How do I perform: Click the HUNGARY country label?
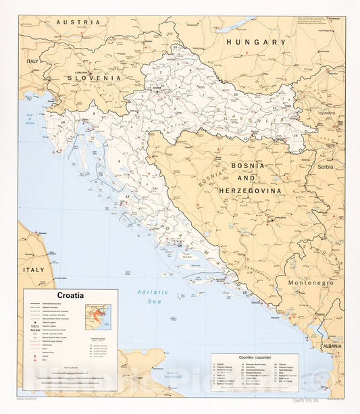(x=256, y=42)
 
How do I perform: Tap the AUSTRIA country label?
(x=78, y=22)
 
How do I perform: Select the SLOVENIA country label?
(x=94, y=78)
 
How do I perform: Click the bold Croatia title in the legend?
(x=70, y=295)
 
